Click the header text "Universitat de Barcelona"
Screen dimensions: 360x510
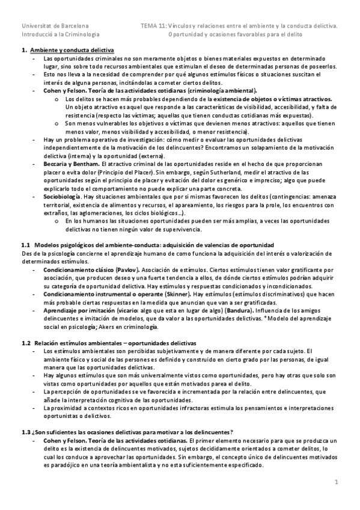click(x=55, y=26)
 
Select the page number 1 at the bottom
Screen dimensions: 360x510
click(x=337, y=482)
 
